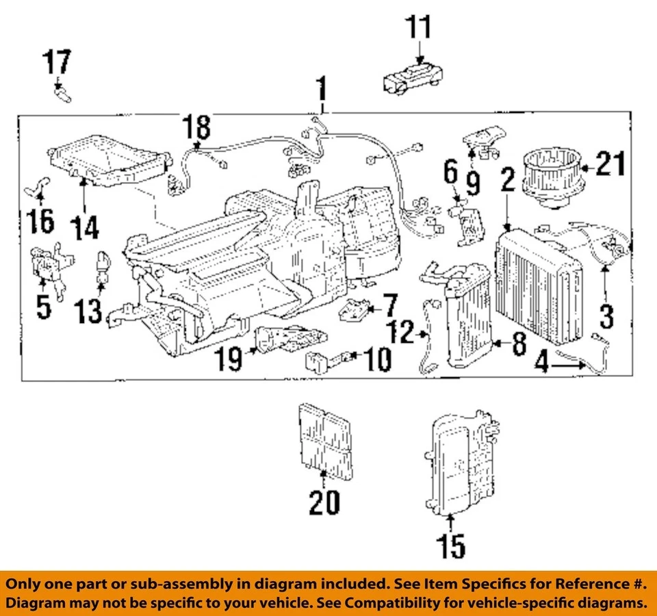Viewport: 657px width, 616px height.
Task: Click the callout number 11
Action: (x=418, y=28)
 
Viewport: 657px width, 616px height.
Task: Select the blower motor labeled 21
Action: (x=552, y=177)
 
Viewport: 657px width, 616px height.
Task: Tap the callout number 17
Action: (x=57, y=63)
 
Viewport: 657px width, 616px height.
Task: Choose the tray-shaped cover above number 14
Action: (x=109, y=164)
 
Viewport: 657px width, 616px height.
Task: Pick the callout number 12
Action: (x=404, y=333)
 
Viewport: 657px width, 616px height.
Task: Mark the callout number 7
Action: (x=389, y=303)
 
